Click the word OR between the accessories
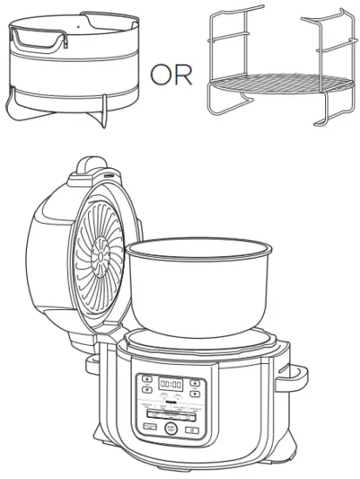click(x=170, y=76)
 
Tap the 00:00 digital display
click(x=174, y=382)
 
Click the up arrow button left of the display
click(x=146, y=381)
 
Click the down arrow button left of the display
click(x=147, y=390)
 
